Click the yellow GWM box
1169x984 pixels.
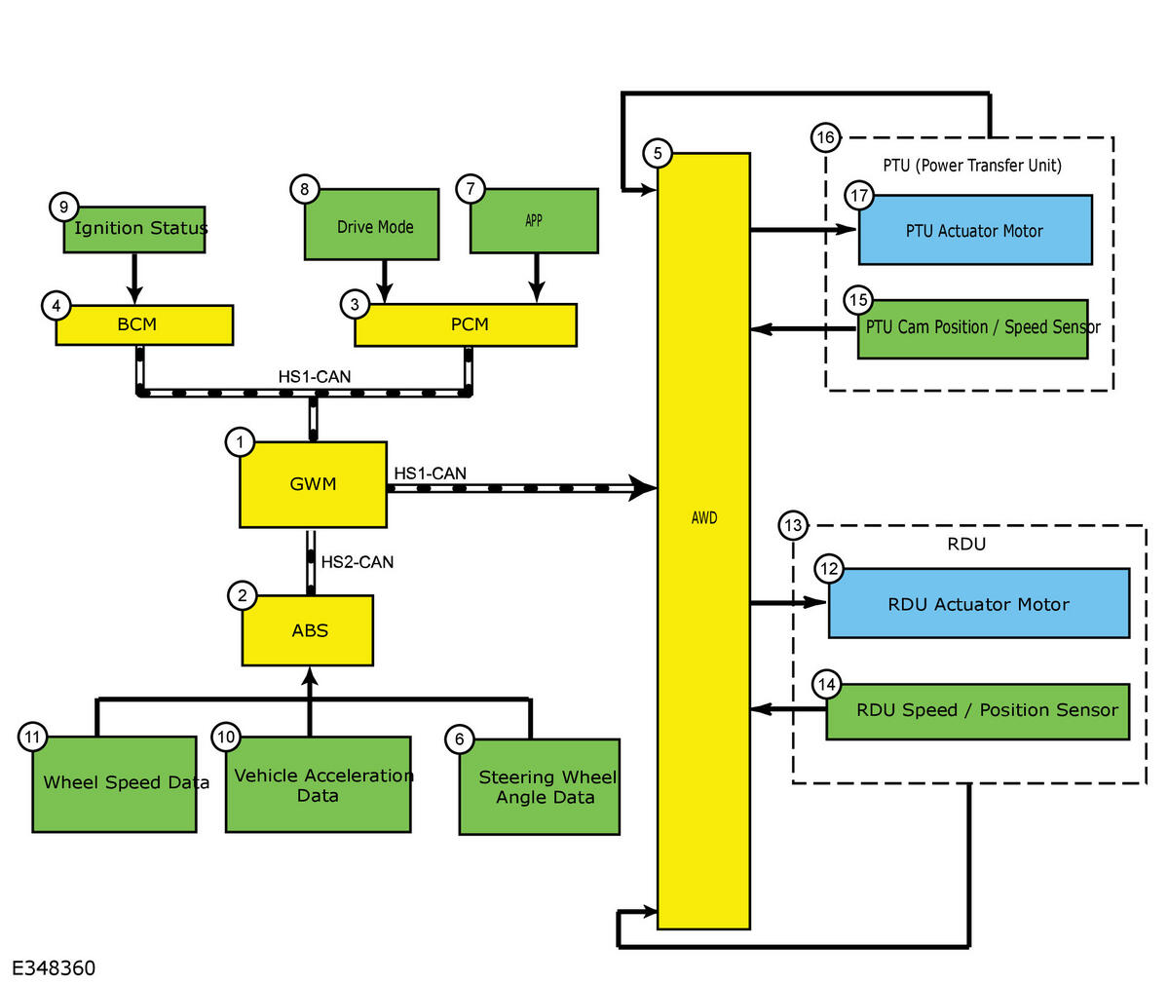(x=313, y=484)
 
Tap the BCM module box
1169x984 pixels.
(x=144, y=324)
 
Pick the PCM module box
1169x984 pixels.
(x=466, y=324)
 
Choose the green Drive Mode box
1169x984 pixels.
(x=372, y=226)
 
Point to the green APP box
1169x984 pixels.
(x=534, y=221)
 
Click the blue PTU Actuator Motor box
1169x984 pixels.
(x=974, y=230)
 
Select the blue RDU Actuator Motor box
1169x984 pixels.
(x=978, y=604)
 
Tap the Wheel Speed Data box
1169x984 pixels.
(x=114, y=783)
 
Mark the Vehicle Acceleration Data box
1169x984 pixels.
(x=318, y=784)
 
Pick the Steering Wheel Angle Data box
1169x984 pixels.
(x=540, y=787)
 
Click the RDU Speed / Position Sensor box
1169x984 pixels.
(x=978, y=710)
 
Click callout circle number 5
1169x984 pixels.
(x=658, y=153)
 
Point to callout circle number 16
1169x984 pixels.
(x=825, y=137)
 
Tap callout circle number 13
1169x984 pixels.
(x=793, y=526)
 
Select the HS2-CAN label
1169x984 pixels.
(x=358, y=562)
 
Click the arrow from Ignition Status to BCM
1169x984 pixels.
(x=135, y=278)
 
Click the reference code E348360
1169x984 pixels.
(x=54, y=967)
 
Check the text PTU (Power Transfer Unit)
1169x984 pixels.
(x=972, y=165)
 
